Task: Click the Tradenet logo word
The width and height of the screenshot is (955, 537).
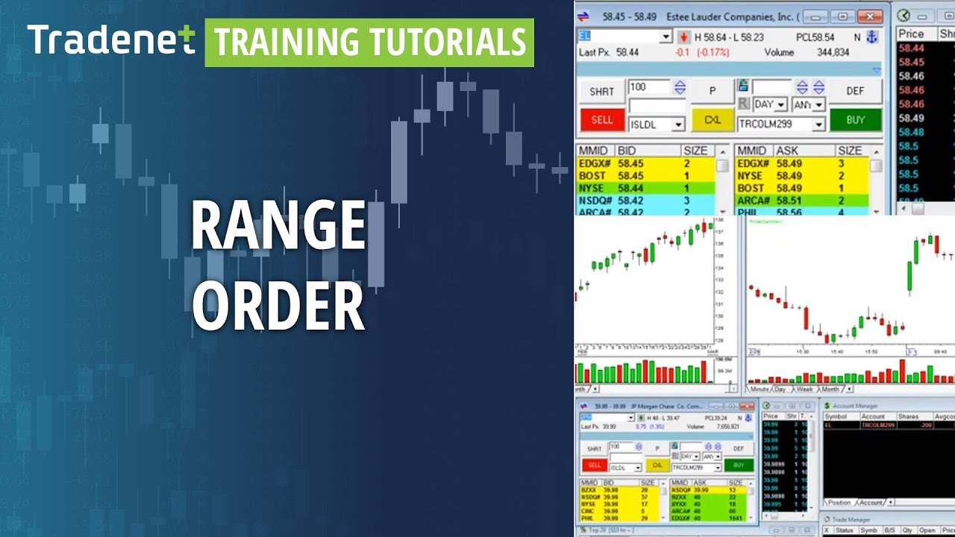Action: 110,40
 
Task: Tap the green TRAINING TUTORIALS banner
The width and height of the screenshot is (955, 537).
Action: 369,43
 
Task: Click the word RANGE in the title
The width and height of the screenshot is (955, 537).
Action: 278,226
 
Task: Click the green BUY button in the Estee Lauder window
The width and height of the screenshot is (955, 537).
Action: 855,119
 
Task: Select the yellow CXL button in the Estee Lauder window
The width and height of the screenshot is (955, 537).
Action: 713,119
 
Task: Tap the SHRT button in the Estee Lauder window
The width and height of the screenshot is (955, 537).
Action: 601,91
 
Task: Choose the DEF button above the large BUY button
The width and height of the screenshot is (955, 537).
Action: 855,91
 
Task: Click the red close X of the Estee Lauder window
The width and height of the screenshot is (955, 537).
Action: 869,16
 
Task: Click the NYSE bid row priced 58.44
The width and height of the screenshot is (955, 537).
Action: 645,189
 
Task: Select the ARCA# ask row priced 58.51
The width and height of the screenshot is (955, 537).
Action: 801,201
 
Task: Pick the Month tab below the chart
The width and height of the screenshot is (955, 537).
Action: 830,389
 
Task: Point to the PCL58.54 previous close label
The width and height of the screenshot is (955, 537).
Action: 815,37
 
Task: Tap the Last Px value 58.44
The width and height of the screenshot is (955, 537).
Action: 627,52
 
